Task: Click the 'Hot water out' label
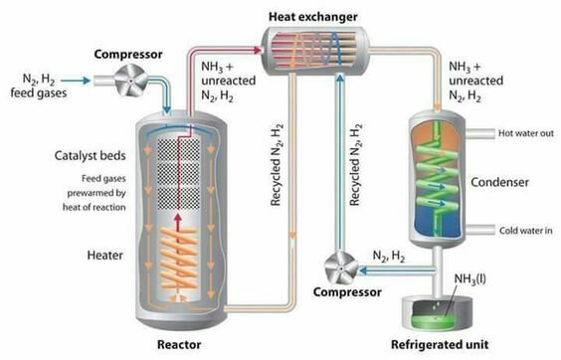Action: click(x=526, y=130)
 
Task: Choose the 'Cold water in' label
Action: click(x=527, y=231)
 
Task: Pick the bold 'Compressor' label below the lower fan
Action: click(x=342, y=293)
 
